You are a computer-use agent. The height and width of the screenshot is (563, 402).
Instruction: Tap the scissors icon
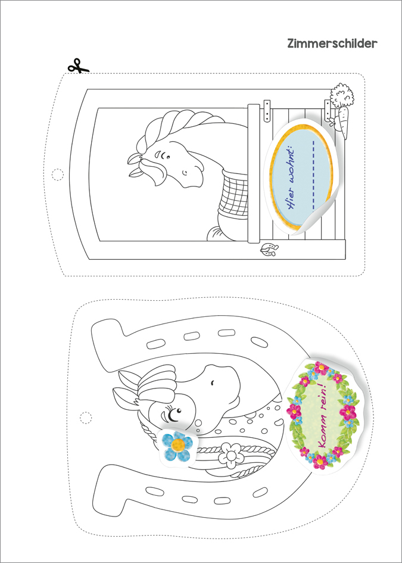(x=78, y=66)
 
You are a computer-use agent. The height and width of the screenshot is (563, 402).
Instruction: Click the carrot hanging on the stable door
(x=342, y=122)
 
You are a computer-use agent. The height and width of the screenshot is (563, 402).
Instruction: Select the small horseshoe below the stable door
(x=269, y=249)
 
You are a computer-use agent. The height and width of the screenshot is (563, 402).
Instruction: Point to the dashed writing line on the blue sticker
(x=314, y=176)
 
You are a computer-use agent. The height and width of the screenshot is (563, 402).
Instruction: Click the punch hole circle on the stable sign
(x=57, y=174)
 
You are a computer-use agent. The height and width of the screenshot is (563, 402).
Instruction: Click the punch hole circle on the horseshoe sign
(x=86, y=417)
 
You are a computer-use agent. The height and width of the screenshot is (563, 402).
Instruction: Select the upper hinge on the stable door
(x=266, y=111)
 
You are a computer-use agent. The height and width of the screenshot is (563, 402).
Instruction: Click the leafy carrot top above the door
(x=341, y=95)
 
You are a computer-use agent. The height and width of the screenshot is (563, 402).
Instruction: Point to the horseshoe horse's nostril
(x=213, y=384)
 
